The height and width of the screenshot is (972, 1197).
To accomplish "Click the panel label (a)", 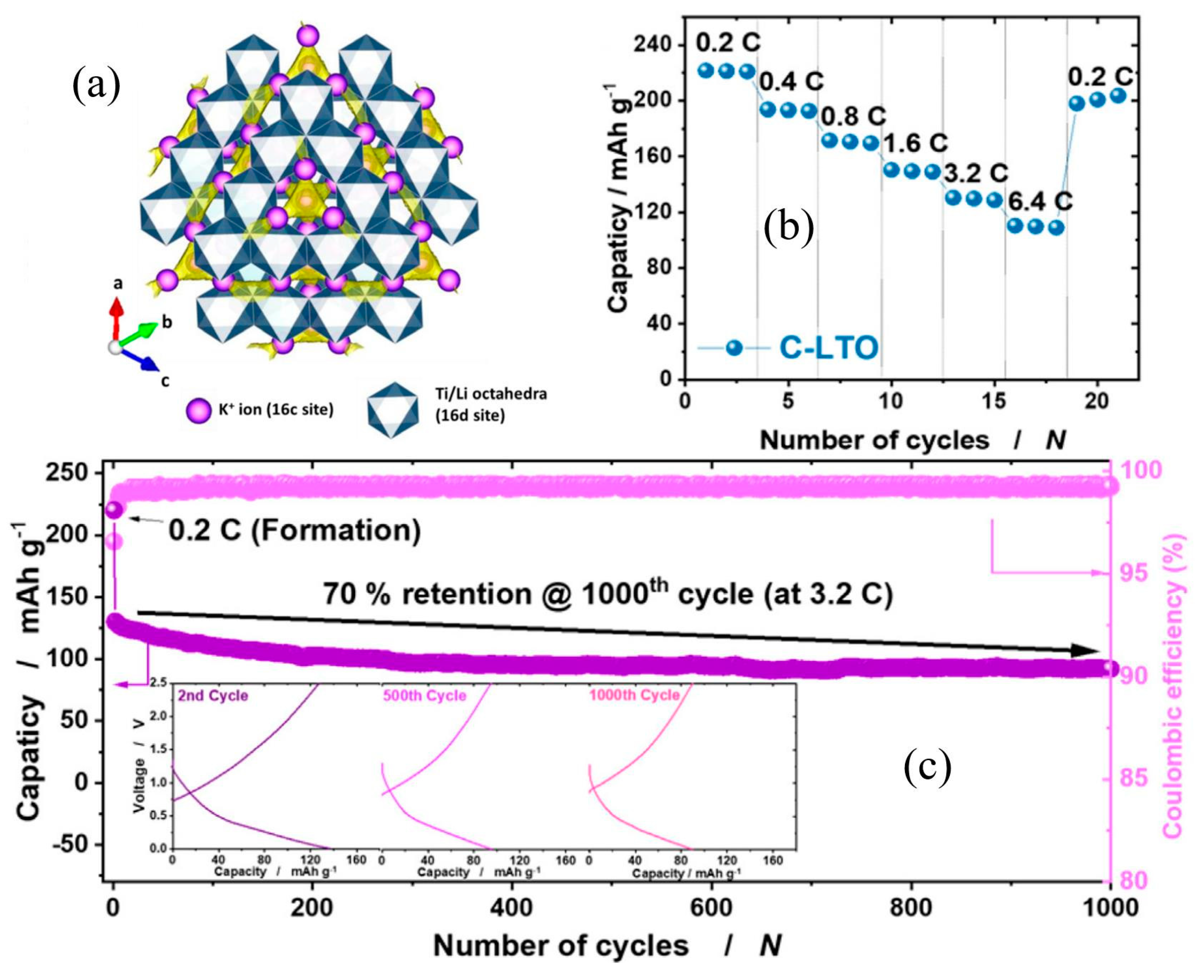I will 96,87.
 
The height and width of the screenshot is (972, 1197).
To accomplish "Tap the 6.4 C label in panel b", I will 1040,202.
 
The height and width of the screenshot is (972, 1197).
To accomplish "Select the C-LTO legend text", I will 829,348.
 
